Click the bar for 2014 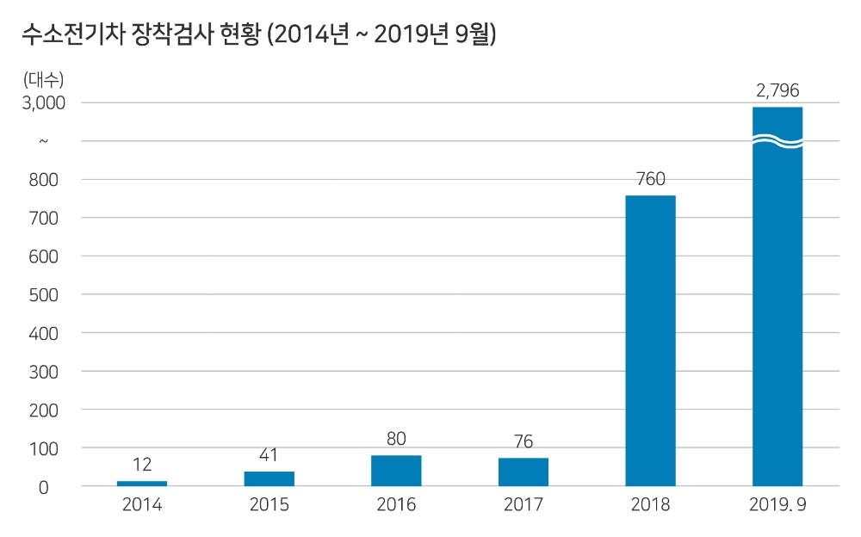coord(142,484)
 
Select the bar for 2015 coord(269,478)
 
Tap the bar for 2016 coord(396,471)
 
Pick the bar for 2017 coord(523,472)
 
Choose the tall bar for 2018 coord(650,341)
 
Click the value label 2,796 coord(777,90)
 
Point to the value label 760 coord(650,180)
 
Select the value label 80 coord(396,439)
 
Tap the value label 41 coord(269,455)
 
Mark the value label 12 coord(142,466)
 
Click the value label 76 coord(523,442)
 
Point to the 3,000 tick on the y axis coord(44,102)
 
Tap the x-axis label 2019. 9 coord(777,505)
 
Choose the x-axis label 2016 coord(396,505)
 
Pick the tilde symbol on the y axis coord(44,140)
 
